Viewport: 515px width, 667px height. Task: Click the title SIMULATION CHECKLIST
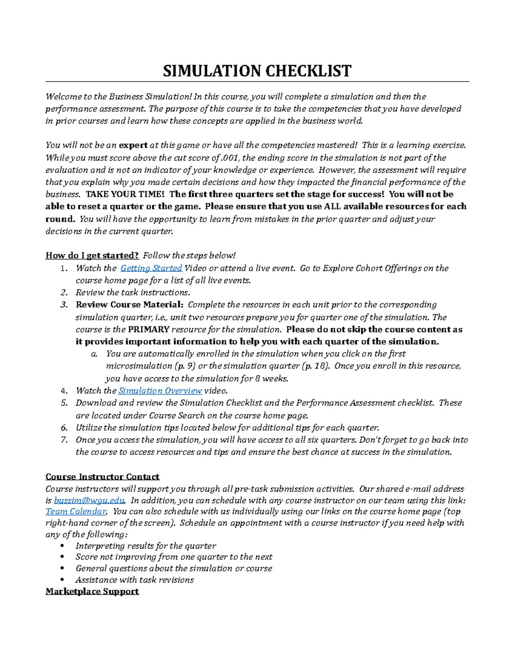coord(257,71)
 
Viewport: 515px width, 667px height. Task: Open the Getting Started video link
coord(151,268)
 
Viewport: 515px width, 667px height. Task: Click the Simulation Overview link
coord(160,390)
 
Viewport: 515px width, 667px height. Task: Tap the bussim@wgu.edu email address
coord(89,500)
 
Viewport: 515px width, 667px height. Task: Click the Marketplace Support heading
coord(92,591)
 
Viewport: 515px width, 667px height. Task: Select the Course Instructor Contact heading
coord(102,477)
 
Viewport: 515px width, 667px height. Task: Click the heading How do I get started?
coord(92,256)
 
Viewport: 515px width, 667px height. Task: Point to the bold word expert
coord(133,145)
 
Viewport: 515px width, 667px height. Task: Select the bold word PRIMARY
coord(148,329)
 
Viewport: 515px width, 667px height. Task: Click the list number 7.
coord(64,440)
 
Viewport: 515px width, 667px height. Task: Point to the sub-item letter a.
coord(94,354)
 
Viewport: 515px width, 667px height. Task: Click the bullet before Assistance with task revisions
coord(63,580)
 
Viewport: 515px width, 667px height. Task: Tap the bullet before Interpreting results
coord(63,546)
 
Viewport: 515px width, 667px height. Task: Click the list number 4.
coord(64,391)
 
